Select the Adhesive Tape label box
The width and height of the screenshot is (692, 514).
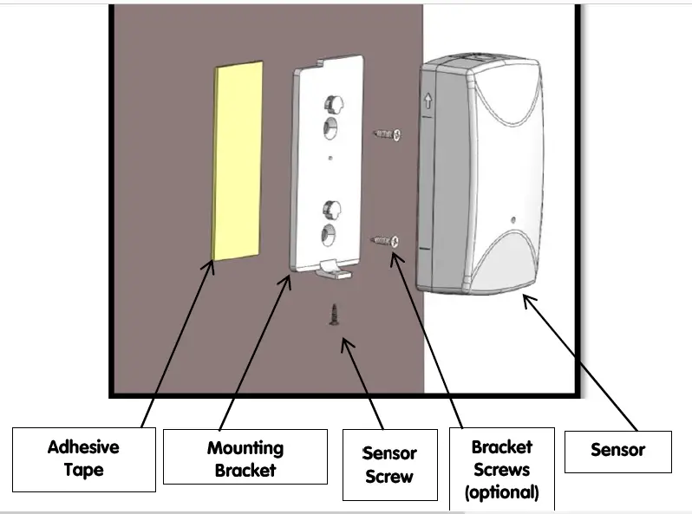[83, 459]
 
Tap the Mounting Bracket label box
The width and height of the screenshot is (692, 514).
[245, 459]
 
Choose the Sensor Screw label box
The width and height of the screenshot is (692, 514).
[388, 464]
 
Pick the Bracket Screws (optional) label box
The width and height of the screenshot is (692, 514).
[501, 469]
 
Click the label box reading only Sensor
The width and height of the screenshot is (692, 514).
[617, 451]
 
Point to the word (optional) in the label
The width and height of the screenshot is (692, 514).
[501, 492]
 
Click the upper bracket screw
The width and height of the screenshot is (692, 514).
[387, 133]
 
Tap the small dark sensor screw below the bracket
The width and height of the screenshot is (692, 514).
[333, 314]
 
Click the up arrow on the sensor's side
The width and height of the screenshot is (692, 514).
[427, 101]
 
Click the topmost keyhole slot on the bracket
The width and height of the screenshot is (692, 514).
[330, 103]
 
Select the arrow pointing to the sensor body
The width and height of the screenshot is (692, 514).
[582, 364]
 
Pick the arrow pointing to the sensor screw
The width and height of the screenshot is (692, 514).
[364, 381]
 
